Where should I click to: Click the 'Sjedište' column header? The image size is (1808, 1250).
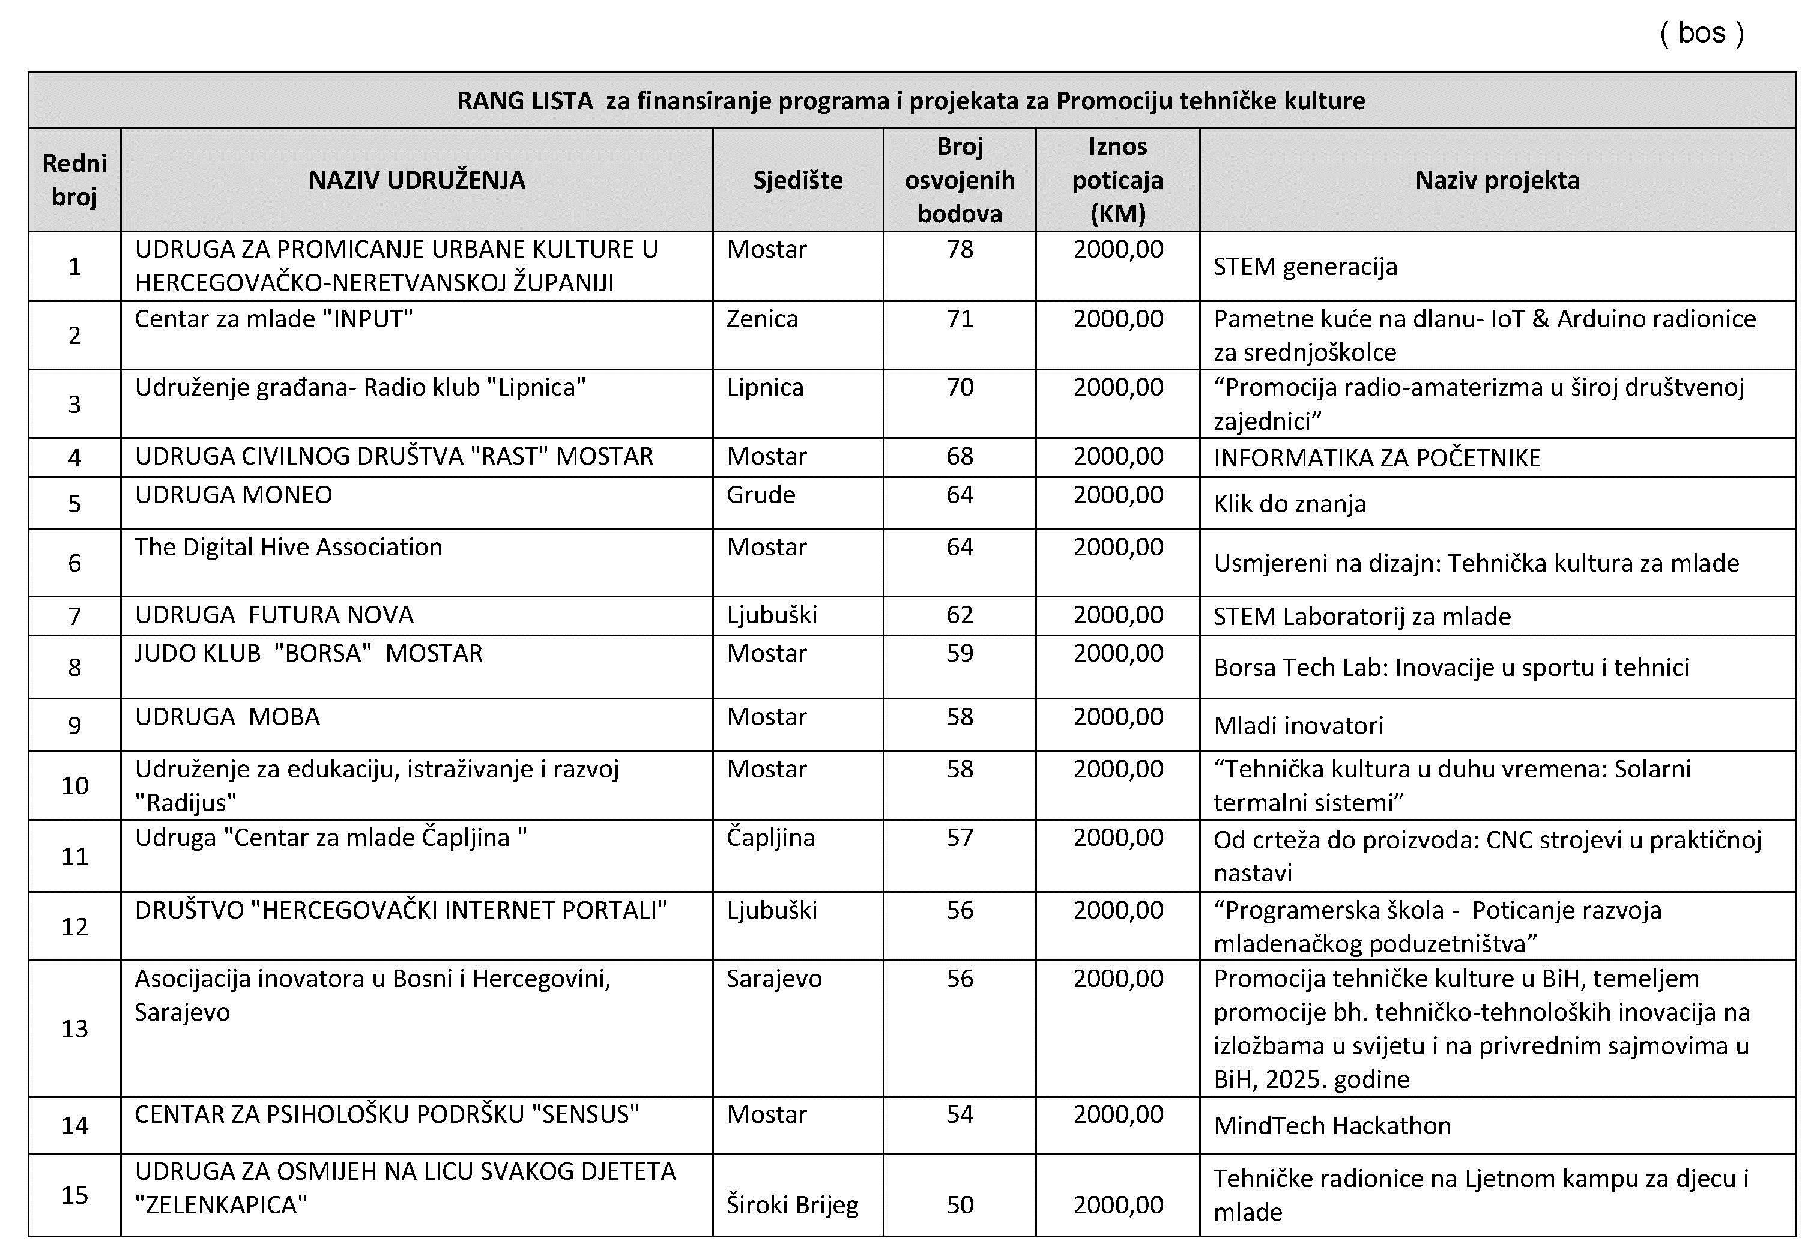pyautogui.click(x=797, y=180)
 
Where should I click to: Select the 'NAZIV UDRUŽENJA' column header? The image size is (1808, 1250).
pyautogui.click(x=417, y=180)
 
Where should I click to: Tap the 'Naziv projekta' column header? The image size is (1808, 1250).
pyautogui.click(x=1497, y=180)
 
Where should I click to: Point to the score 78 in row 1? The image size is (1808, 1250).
pyautogui.click(x=960, y=249)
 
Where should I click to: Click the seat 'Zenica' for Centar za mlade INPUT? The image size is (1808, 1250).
pyautogui.click(x=762, y=319)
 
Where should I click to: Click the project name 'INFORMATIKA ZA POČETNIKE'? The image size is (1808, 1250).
pyautogui.click(x=1376, y=457)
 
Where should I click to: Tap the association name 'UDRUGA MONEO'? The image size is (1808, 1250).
pyautogui.click(x=234, y=495)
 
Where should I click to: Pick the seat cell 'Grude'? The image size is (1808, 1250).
pyautogui.click(x=761, y=495)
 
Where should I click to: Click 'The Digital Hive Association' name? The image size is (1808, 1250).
pyautogui.click(x=288, y=547)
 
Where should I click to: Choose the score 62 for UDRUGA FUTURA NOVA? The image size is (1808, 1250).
pyautogui.click(x=960, y=615)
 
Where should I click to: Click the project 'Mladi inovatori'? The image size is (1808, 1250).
pyautogui.click(x=1298, y=725)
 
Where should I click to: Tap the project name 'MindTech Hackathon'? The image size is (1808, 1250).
pyautogui.click(x=1332, y=1126)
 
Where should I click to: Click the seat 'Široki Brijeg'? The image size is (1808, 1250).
pyautogui.click(x=792, y=1204)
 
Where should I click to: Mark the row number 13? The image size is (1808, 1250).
pyautogui.click(x=74, y=1028)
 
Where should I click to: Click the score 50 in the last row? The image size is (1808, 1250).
pyautogui.click(x=960, y=1204)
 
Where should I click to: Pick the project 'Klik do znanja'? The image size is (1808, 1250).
pyautogui.click(x=1289, y=504)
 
